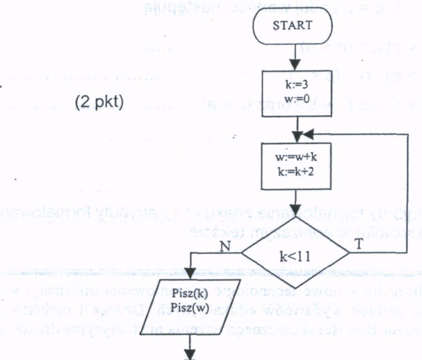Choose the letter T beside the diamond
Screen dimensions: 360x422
point(360,241)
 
